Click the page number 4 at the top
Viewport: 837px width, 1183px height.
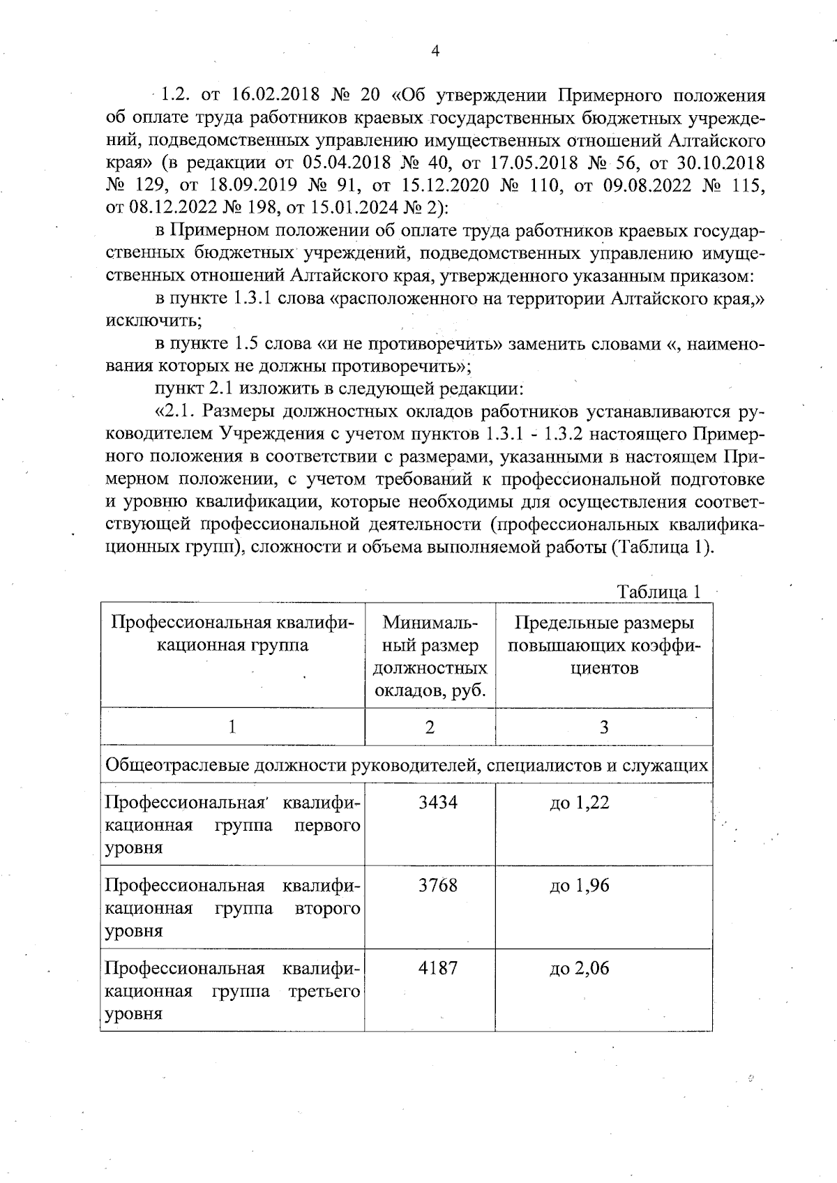[435, 51]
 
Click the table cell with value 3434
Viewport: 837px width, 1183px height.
[437, 802]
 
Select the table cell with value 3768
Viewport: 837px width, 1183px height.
[437, 885]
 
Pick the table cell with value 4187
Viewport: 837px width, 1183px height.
[437, 968]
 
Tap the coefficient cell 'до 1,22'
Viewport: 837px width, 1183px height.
[579, 803]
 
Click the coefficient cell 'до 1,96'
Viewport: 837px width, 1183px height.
[579, 886]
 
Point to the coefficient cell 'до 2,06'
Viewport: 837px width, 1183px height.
[579, 969]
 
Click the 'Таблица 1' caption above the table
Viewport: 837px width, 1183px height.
[658, 592]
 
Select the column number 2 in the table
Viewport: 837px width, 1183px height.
[430, 728]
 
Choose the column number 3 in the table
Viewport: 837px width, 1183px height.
[604, 728]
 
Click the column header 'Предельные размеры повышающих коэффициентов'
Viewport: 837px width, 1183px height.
[604, 645]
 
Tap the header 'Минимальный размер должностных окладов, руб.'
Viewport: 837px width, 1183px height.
[430, 656]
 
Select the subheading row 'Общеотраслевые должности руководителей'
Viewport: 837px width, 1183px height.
[406, 765]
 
